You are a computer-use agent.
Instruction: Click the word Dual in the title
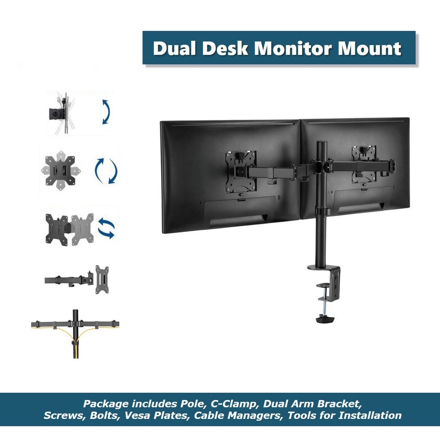coord(174,48)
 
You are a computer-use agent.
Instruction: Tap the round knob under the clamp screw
coord(325,319)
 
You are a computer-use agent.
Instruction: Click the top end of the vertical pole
coord(321,144)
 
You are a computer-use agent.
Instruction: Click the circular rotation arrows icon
coord(106,171)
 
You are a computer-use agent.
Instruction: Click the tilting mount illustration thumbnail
coord(60,113)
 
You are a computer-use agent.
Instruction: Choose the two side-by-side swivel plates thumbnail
coord(69,229)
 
